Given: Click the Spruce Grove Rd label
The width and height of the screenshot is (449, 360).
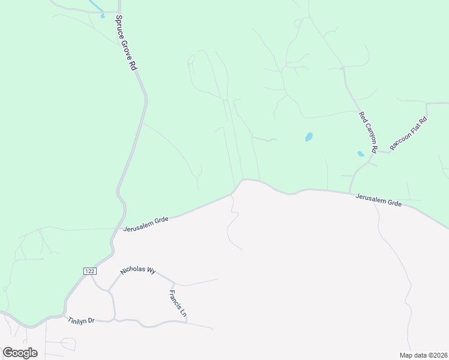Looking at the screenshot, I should (126, 44).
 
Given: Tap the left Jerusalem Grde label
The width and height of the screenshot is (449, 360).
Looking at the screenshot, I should (146, 223).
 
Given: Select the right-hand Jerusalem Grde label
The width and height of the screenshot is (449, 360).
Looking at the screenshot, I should (378, 200).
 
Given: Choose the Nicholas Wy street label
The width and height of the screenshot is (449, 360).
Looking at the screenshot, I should (137, 271).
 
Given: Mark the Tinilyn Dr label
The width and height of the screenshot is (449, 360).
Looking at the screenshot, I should (82, 320).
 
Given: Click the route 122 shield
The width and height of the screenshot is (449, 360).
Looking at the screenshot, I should (89, 272).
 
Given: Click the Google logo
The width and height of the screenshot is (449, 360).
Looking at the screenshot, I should (20, 353).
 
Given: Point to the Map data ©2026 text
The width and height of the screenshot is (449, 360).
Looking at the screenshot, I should (423, 355).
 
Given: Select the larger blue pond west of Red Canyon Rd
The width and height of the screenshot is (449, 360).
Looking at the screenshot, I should (309, 137).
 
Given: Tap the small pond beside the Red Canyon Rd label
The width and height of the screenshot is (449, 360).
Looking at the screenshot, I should (360, 154).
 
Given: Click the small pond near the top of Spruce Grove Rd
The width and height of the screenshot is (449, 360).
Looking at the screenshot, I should (103, 14).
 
